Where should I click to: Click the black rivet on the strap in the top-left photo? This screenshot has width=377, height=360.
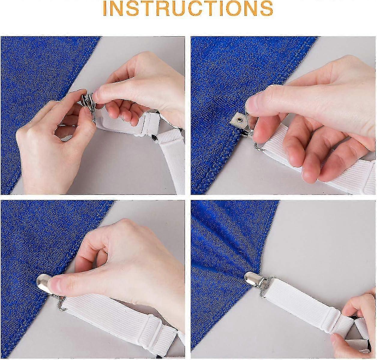tap(154, 138)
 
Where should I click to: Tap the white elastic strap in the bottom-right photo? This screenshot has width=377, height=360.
tap(300, 307)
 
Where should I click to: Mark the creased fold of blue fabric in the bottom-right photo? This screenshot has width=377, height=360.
tap(228, 240)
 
